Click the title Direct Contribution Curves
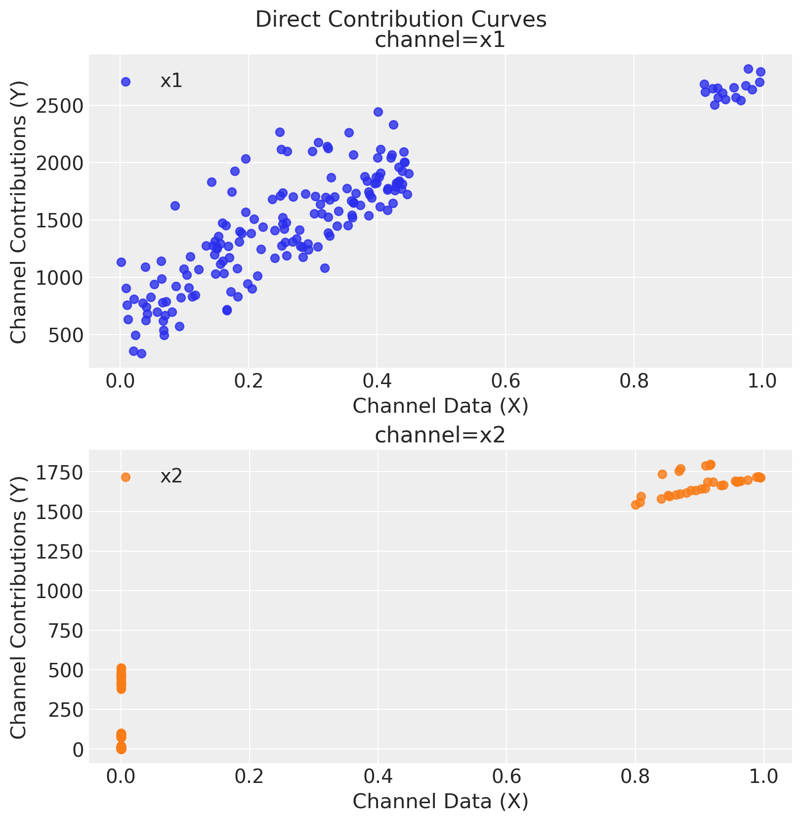pyautogui.click(x=401, y=20)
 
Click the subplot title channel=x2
pyautogui.click(x=440, y=435)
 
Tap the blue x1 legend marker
pyautogui.click(x=126, y=82)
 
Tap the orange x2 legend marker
pyautogui.click(x=126, y=477)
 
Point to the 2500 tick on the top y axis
pyautogui.click(x=63, y=106)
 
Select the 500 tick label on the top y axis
pyautogui.click(x=69, y=335)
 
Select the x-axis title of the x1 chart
pyautogui.click(x=440, y=406)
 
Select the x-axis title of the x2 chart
pyautogui.click(x=440, y=801)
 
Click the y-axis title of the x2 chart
pyautogui.click(x=19, y=607)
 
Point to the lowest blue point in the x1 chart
pyautogui.click(x=141, y=353)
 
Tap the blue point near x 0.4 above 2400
pyautogui.click(x=378, y=112)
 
